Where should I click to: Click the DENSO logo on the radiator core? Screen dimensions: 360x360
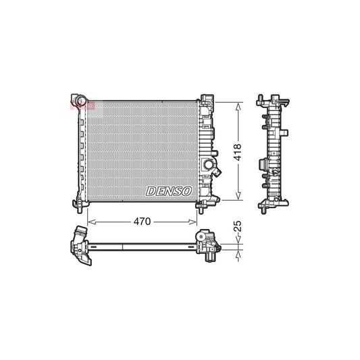169,192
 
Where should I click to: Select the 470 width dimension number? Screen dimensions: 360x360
141,221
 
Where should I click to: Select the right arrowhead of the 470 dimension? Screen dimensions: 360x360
195,221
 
